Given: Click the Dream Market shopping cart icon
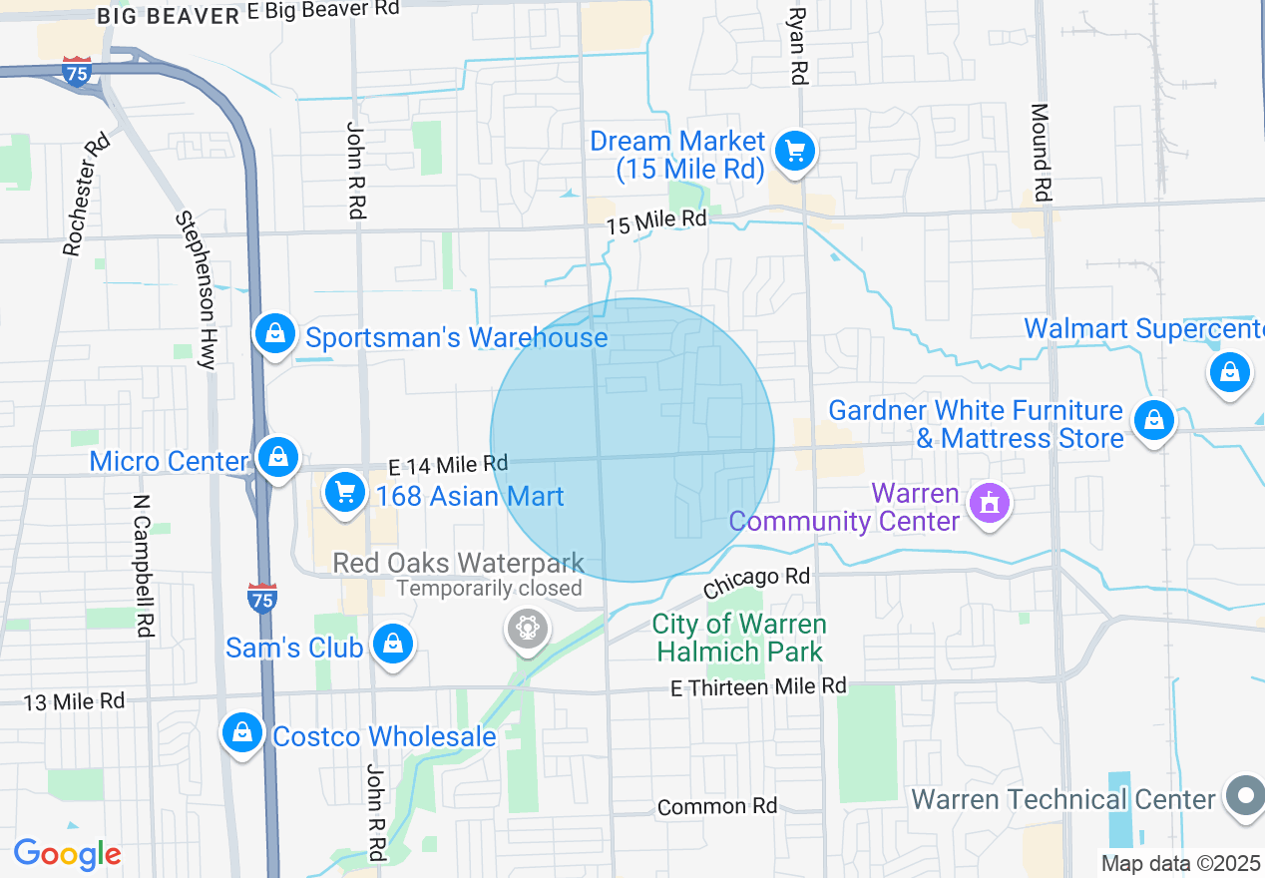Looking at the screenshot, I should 794,153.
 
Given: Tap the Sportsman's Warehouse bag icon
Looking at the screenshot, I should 274,334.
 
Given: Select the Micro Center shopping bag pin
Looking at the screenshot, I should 278,458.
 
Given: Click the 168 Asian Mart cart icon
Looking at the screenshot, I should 345,493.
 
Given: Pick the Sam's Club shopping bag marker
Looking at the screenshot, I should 393,645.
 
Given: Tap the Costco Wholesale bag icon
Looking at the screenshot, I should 242,733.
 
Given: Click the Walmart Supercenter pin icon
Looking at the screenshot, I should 1229,373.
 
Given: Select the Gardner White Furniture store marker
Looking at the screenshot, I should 1153,420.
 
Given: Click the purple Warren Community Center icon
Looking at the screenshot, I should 989,503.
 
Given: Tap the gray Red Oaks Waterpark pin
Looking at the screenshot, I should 526,629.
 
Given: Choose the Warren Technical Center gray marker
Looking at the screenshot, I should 1245,796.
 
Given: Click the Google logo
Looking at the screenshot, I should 67,854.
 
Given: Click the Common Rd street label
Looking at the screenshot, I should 717,806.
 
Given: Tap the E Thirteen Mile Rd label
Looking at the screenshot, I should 758,686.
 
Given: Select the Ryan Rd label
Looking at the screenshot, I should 796,45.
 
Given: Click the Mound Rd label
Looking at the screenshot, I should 1040,152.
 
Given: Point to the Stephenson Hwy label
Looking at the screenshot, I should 196,289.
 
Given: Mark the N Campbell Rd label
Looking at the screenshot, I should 145,564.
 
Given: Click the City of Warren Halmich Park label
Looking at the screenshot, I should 738,639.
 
